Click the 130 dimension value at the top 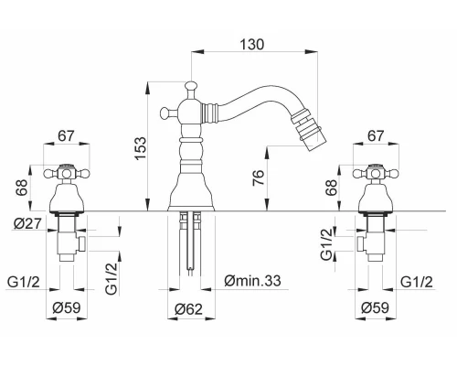pos(252,44)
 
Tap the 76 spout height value pos(258,178)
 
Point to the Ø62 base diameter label pos(188,309)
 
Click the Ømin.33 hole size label pos(252,280)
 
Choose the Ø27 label pos(27,223)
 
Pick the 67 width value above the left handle pos(66,135)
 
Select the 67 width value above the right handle pos(376,135)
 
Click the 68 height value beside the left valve pos(22,188)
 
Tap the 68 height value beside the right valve pos(331,188)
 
